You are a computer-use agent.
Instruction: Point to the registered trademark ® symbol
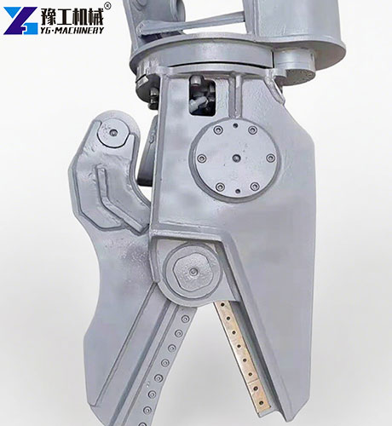(x=107, y=5)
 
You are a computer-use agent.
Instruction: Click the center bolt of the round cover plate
(x=233, y=158)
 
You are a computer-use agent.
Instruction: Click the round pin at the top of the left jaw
(x=111, y=133)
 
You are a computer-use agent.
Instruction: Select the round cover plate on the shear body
(x=233, y=158)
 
